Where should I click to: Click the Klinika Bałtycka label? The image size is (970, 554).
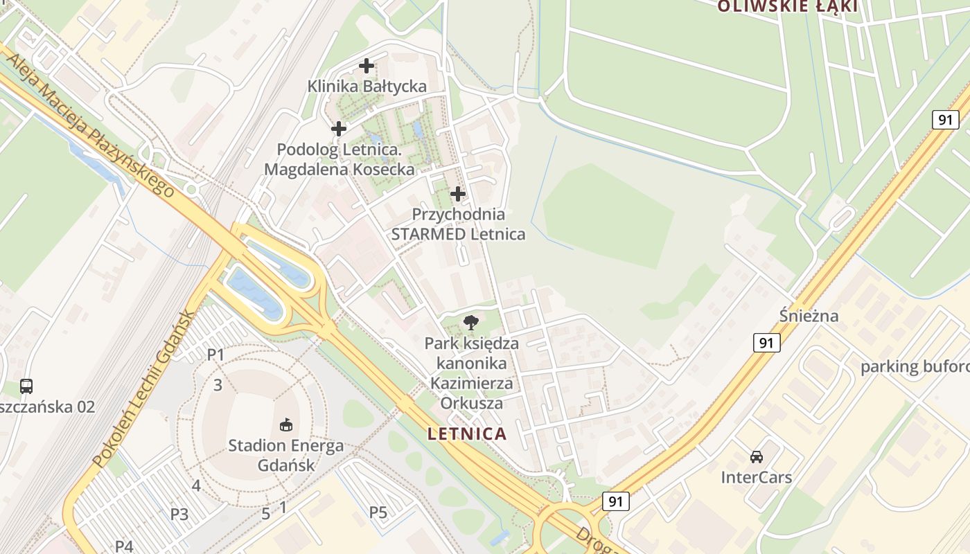tap(367, 87)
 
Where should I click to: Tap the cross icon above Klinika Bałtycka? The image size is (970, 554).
tap(367, 66)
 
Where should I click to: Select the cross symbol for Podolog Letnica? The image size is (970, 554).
tap(339, 129)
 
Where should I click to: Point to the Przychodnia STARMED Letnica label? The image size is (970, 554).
tap(458, 224)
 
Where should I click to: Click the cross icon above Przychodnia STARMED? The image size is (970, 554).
tap(458, 194)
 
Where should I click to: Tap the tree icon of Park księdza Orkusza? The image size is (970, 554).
tap(471, 322)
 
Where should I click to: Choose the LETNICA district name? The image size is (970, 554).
tap(467, 434)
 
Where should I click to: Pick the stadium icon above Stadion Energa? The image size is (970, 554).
tap(286, 424)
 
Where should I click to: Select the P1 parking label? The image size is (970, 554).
tap(216, 355)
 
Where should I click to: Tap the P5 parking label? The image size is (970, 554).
tap(378, 512)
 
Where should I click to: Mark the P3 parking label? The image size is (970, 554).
tap(179, 514)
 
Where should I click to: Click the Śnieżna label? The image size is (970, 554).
tap(809, 316)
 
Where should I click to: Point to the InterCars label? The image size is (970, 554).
tap(757, 477)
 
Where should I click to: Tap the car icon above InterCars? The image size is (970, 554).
tap(757, 457)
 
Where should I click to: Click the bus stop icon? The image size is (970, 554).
tap(26, 386)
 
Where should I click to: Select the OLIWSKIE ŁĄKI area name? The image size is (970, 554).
tap(788, 7)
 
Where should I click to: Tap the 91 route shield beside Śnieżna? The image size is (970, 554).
tap(766, 342)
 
